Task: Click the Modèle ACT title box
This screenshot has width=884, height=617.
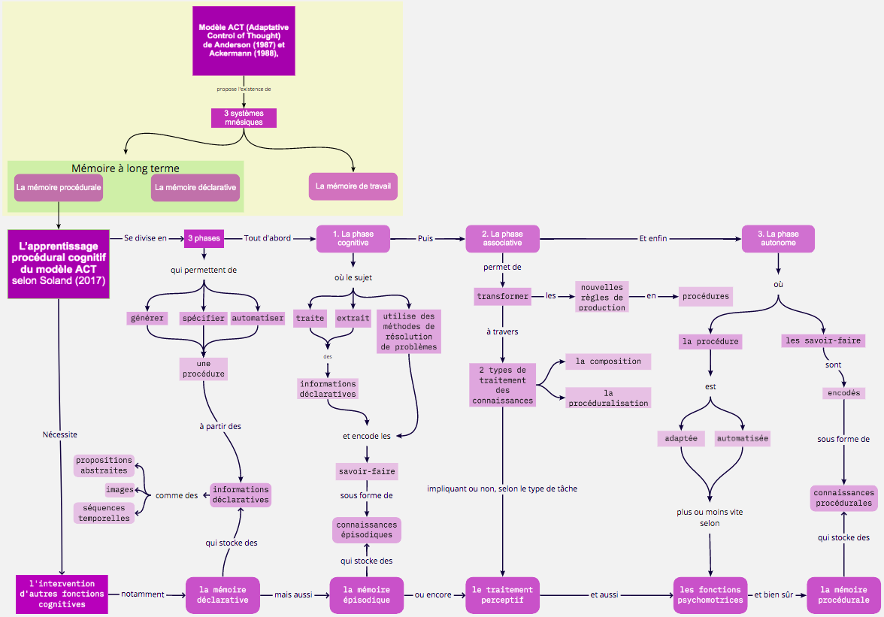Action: point(244,41)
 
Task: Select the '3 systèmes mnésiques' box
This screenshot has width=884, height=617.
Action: point(244,118)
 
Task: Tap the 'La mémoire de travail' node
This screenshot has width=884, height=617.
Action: point(353,186)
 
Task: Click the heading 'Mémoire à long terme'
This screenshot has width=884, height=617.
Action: point(125,168)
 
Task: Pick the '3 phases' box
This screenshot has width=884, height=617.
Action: point(204,238)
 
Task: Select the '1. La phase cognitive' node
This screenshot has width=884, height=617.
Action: point(353,238)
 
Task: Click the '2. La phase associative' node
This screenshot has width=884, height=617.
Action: point(502,238)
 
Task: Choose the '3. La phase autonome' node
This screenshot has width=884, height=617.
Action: point(778,238)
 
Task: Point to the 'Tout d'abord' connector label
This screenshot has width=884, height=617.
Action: point(268,238)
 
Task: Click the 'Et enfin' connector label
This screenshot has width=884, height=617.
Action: point(652,238)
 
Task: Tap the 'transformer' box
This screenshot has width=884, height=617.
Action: point(502,296)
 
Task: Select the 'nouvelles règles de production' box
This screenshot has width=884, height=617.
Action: point(601,297)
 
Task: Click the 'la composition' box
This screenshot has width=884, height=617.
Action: point(607,361)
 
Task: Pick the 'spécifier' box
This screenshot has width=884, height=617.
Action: point(204,319)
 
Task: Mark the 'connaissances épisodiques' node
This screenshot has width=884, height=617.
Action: point(367,530)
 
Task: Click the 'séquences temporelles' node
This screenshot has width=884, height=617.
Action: point(104,513)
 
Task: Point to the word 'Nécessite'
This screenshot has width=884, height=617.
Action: point(60,434)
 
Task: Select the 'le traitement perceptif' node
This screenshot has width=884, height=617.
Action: point(502,595)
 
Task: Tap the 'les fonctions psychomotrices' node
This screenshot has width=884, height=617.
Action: point(710,595)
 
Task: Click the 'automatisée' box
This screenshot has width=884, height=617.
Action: point(742,438)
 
